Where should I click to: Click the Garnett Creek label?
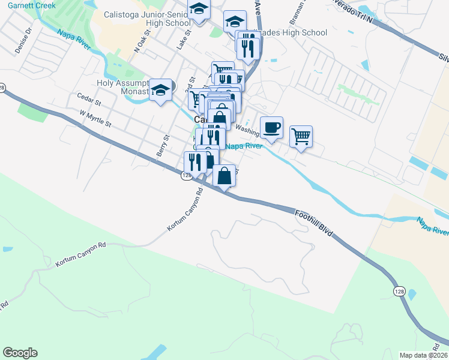click(x=28, y=5)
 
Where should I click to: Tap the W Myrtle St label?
click(x=95, y=118)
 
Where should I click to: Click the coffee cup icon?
click(x=271, y=127)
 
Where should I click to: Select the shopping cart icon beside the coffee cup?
click(x=301, y=135)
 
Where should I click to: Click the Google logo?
click(x=20, y=353)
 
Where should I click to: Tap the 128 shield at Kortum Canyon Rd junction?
click(x=185, y=175)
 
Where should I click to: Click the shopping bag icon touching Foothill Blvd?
click(x=224, y=176)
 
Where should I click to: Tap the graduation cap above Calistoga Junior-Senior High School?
click(x=198, y=9)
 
